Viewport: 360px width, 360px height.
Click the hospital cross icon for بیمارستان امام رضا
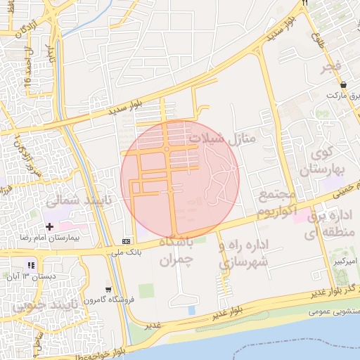[49, 226]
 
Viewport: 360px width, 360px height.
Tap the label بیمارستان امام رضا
[53, 238]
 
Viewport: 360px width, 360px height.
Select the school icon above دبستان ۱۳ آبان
[30, 264]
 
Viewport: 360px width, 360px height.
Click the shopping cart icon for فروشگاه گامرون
[108, 289]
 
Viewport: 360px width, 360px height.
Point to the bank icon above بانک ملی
[126, 240]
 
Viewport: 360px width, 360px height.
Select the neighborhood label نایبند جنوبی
[42, 307]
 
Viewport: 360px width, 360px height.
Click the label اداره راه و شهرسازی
[244, 255]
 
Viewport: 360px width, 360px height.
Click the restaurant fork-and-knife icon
[305, 4]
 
